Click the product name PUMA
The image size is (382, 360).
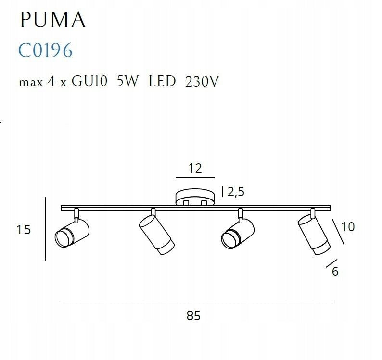click(x=53, y=20)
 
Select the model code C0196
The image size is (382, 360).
click(x=46, y=50)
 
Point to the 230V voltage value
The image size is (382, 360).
click(x=202, y=82)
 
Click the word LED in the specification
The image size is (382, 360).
click(x=162, y=82)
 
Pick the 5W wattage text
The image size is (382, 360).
click(x=127, y=82)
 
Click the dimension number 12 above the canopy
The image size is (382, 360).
click(x=195, y=168)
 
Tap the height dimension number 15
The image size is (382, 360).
click(x=24, y=230)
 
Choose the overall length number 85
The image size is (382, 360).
click(x=193, y=316)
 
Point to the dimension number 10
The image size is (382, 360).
click(x=347, y=226)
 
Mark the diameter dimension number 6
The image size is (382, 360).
click(x=335, y=272)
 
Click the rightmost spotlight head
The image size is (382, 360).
click(x=314, y=233)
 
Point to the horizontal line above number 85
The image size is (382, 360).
click(x=196, y=302)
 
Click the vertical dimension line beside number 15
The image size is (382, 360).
click(x=45, y=229)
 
